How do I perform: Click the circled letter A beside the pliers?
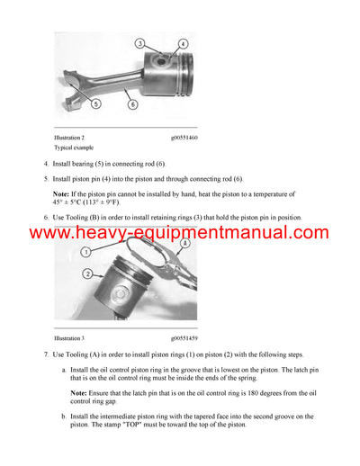pos(186,243)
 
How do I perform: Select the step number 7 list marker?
pos(46,356)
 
